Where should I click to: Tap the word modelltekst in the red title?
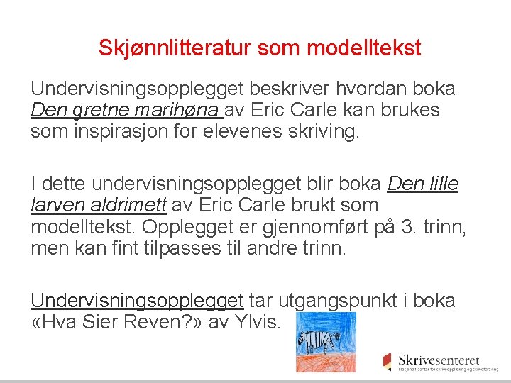click(364, 48)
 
